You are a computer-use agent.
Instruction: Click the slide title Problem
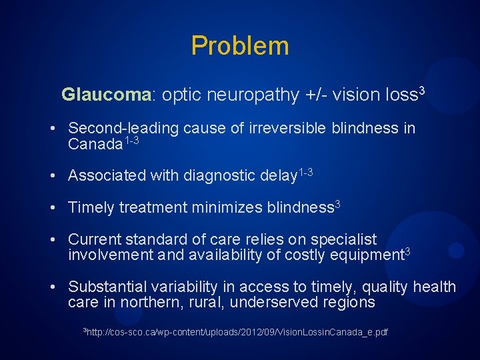pyautogui.click(x=240, y=46)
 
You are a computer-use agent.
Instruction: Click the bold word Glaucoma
pyautogui.click(x=107, y=95)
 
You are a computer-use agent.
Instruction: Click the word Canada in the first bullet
pyautogui.click(x=95, y=143)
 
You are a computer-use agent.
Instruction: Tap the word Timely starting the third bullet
pyautogui.click(x=91, y=207)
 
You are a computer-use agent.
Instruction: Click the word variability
pyautogui.click(x=185, y=287)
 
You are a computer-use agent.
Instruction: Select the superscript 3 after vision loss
pyautogui.click(x=421, y=90)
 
